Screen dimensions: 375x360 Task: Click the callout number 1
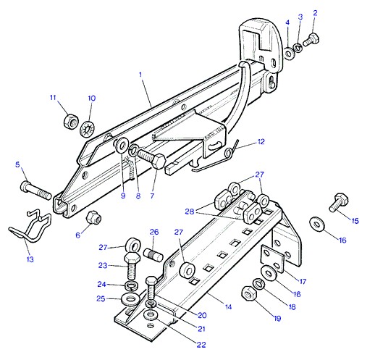[140, 75]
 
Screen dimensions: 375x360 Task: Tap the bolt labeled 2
[311, 40]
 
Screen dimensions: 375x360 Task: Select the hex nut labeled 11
[71, 121]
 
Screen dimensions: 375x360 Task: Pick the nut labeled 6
[93, 217]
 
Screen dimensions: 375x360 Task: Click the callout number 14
[228, 307]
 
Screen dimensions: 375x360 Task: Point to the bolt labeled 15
[339, 202]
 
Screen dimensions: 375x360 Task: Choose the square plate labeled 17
[273, 259]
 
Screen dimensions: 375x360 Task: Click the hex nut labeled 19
[249, 293]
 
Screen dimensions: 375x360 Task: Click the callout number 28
[190, 212]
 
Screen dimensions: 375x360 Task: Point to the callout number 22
[201, 345]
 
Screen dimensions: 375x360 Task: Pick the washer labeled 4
[289, 53]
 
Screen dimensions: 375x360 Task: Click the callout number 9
[123, 196]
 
